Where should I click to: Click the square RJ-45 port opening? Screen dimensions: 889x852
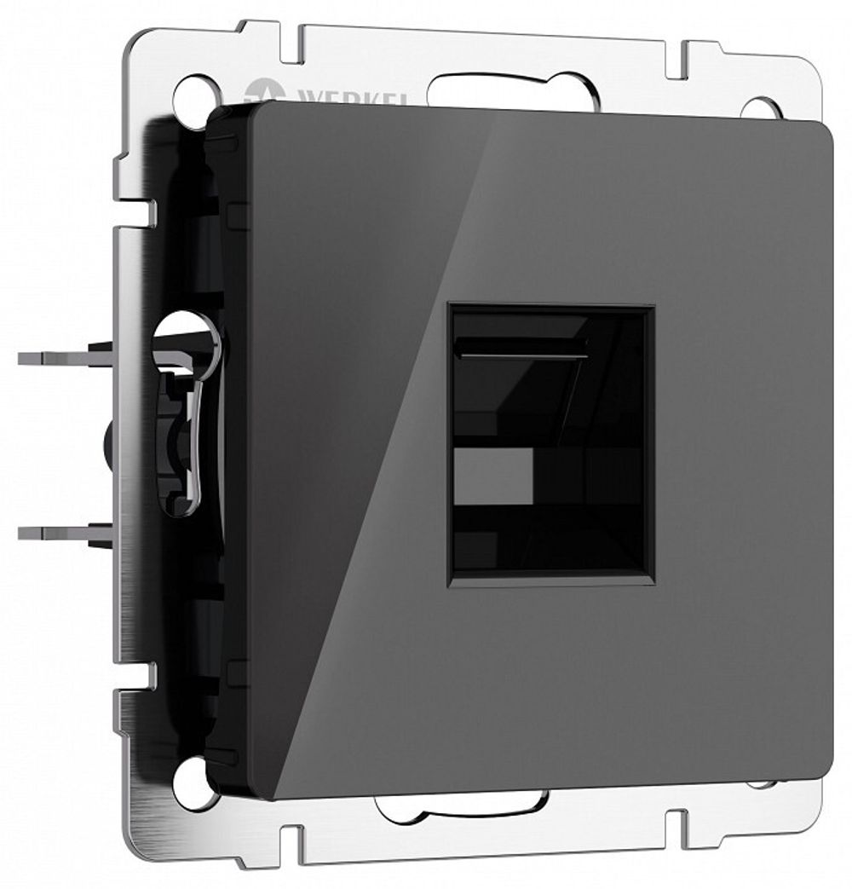[551, 444]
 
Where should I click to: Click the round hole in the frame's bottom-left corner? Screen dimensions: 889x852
[193, 782]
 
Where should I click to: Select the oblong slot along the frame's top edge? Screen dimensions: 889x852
[511, 90]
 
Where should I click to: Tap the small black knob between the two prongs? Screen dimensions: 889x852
[109, 443]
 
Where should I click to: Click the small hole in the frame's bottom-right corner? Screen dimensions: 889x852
[760, 783]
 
